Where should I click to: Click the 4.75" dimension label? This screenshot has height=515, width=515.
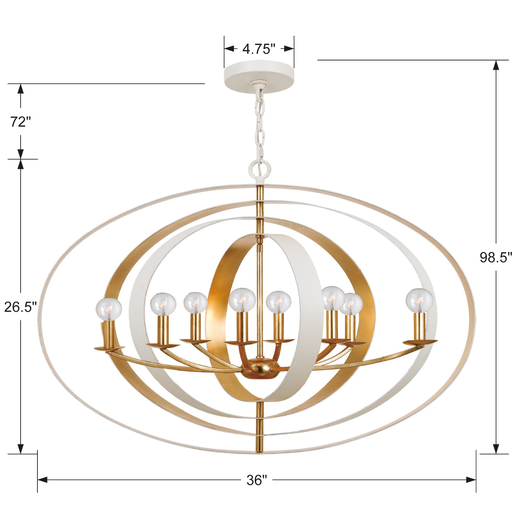pos(259,49)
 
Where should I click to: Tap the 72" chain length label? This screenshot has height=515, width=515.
pos(20,122)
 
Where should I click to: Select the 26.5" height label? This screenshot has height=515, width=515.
pos(20,307)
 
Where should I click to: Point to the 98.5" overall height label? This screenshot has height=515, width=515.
pos(495,257)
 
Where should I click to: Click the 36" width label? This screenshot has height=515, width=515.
pos(256,480)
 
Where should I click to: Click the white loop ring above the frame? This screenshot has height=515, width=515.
pos(260,168)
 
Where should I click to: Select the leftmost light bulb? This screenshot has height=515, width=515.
pos(109,308)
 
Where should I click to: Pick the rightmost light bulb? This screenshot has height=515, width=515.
pos(419,300)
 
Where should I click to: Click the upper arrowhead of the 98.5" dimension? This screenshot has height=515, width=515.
pos(496,66)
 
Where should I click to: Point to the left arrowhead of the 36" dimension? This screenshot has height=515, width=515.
pos(42,480)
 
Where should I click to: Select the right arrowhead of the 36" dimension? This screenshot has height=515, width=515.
pos(471,480)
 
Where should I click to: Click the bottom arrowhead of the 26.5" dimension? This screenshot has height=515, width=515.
pos(21,448)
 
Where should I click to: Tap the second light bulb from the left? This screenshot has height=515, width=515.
pos(163,304)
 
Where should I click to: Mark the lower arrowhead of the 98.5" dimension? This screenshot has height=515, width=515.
pos(496,448)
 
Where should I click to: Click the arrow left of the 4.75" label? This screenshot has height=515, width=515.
pos(229,49)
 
